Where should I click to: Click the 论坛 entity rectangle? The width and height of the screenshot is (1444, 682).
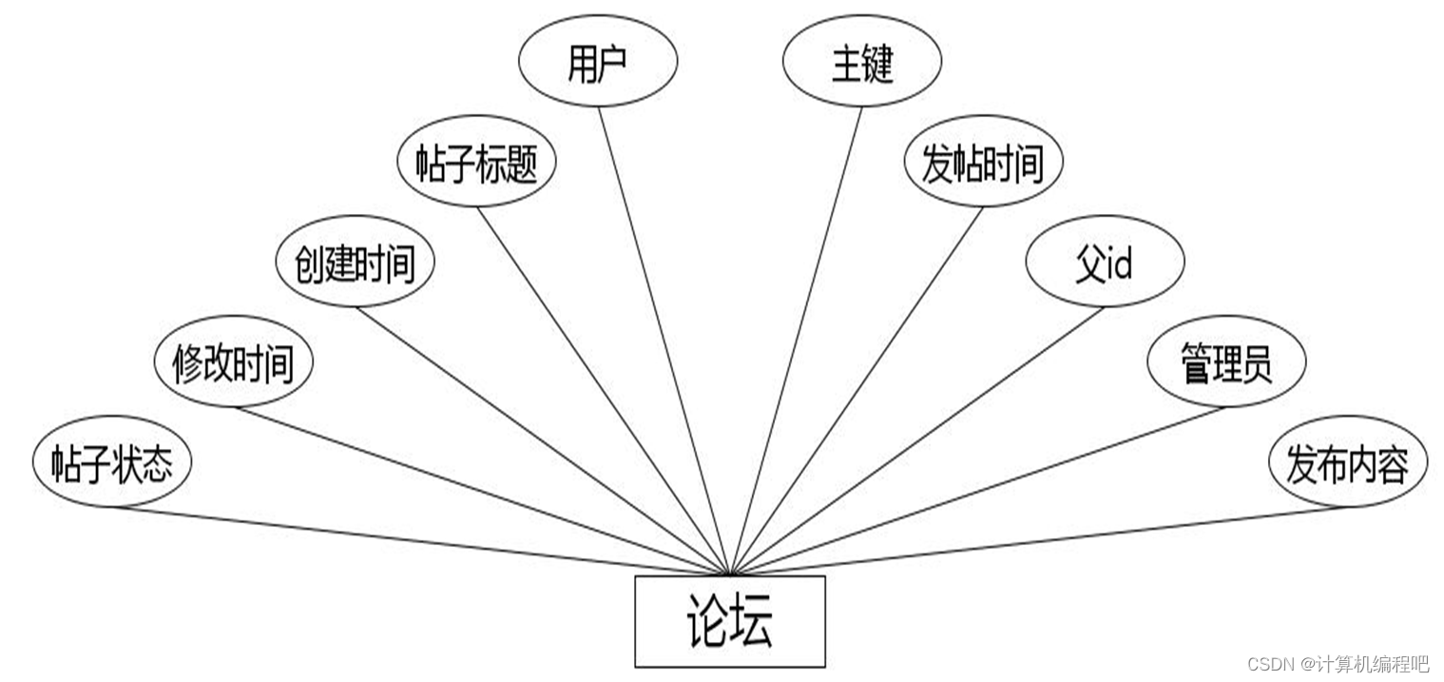[729, 621]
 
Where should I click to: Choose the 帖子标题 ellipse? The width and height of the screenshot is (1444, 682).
[476, 163]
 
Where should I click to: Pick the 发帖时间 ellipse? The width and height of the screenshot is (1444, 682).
[983, 163]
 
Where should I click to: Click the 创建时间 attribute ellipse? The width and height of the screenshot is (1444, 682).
[356, 262]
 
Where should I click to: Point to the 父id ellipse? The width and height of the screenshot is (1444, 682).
[1105, 262]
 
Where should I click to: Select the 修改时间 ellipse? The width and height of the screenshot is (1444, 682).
[234, 362]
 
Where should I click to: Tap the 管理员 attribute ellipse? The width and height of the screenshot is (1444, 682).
[1226, 362]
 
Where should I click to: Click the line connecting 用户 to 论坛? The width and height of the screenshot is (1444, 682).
[663, 338]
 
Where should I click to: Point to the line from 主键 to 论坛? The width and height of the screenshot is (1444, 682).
[797, 338]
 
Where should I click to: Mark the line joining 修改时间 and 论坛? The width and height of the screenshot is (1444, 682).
[480, 491]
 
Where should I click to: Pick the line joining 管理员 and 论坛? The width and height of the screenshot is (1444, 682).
[979, 491]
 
